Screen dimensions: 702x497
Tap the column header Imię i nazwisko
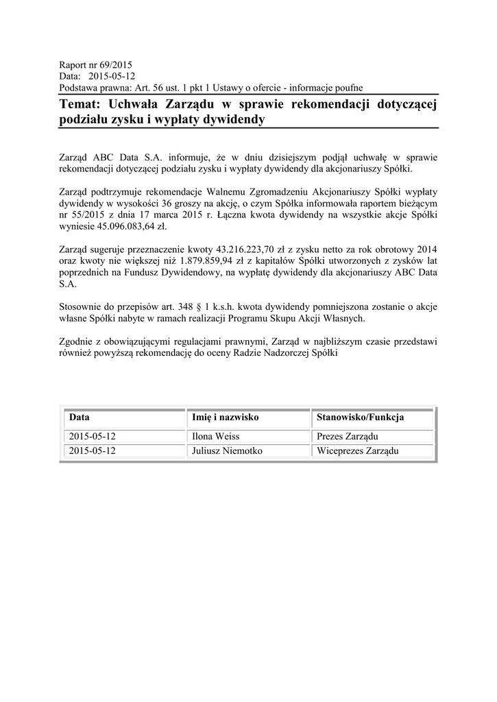coord(224,417)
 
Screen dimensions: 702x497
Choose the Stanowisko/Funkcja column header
coord(360,417)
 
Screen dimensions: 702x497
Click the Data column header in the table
coord(79,417)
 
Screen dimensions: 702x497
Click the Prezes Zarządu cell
coord(348,437)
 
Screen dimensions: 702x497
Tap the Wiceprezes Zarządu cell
coord(357,451)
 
